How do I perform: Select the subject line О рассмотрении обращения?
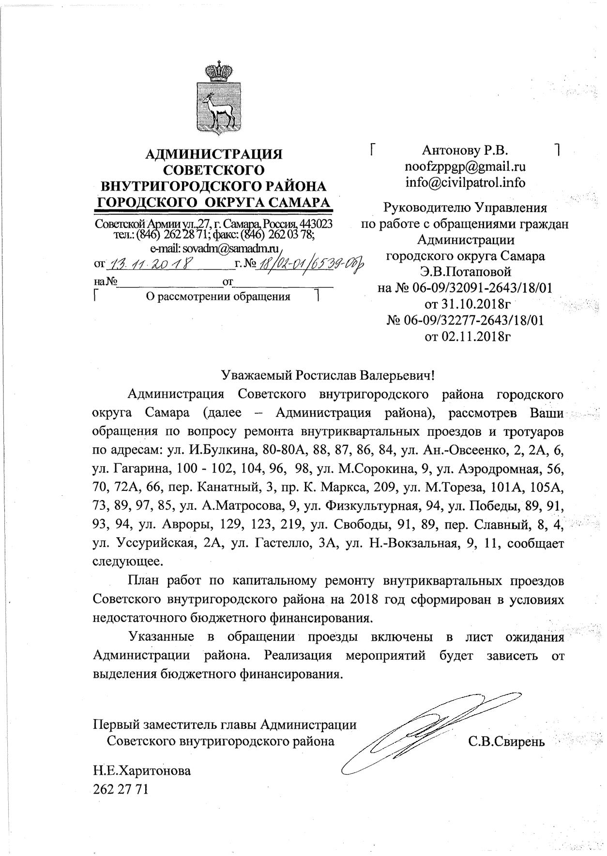coord(218,296)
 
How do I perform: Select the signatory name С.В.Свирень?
coord(506,741)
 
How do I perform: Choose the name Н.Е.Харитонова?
coord(141,770)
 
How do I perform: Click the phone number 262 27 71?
coord(120,790)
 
